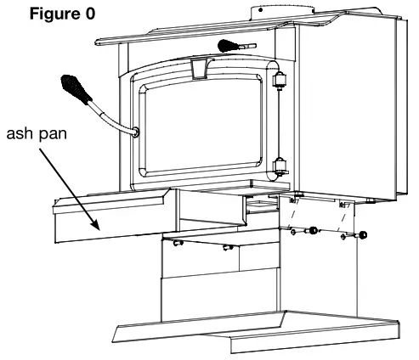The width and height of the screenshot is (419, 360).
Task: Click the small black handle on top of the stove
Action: (x=232, y=45)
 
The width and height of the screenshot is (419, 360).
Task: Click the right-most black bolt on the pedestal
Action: (x=363, y=235)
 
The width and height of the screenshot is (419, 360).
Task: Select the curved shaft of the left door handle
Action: (x=115, y=115)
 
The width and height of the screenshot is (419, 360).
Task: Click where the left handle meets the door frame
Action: (x=135, y=132)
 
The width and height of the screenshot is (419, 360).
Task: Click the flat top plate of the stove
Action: (x=255, y=30)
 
